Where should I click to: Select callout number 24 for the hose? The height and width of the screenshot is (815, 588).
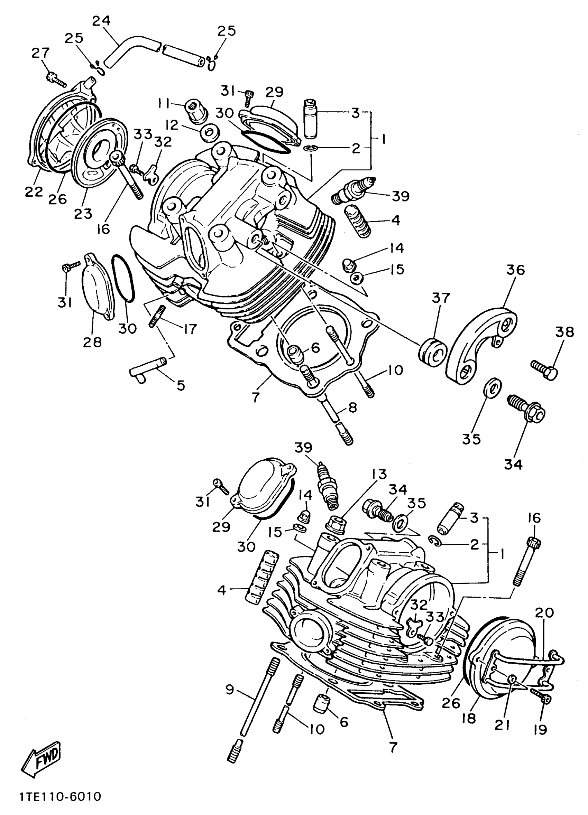(x=101, y=21)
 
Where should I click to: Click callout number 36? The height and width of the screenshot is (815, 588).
(x=516, y=270)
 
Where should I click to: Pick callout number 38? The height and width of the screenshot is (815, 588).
(x=564, y=332)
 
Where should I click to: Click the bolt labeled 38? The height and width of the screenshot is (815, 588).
(x=544, y=369)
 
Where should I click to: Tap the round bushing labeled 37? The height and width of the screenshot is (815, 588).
(x=433, y=352)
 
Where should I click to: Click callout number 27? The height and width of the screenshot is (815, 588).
(x=40, y=53)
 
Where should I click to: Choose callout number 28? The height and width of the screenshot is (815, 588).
(x=92, y=342)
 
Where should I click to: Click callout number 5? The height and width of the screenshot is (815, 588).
(x=181, y=386)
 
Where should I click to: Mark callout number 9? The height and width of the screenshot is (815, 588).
(x=229, y=690)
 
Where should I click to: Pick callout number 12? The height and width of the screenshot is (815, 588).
(x=172, y=125)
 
